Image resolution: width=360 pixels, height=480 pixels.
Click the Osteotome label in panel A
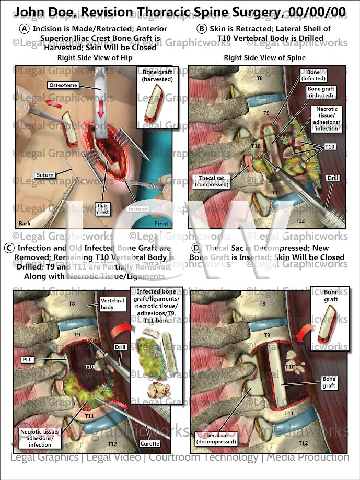(63, 85)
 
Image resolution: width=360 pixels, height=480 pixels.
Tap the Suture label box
(45, 175)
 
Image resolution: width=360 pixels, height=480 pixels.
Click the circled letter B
(202, 29)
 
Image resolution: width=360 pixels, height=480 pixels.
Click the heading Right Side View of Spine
(264, 57)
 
